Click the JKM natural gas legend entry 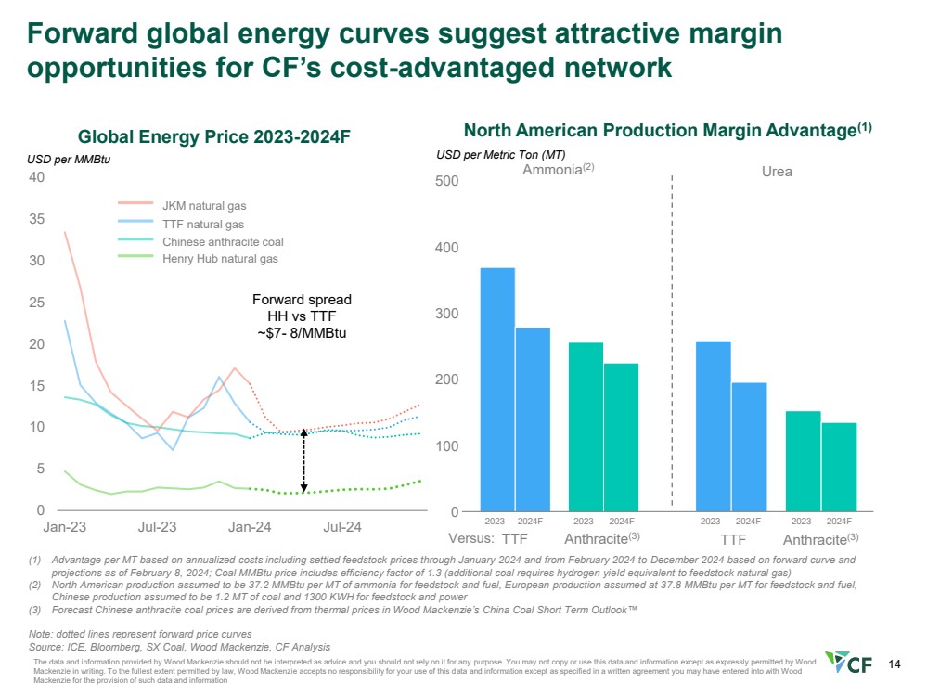tap(204, 205)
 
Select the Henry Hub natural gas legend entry tap(220, 259)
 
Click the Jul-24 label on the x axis tap(342, 527)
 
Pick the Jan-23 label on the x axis tap(65, 527)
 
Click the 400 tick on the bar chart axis tap(448, 248)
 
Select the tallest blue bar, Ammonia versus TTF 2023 tap(497, 390)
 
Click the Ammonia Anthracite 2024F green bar tap(621, 437)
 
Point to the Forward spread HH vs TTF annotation tap(302, 316)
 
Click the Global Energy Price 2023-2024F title tap(214, 136)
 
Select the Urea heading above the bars tap(777, 172)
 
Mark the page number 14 tap(895, 664)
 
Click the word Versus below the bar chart tap(470, 538)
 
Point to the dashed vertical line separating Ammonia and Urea tap(671, 343)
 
